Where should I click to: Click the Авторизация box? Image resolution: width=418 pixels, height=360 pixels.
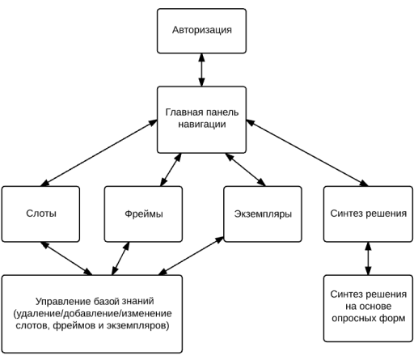[x=201, y=31]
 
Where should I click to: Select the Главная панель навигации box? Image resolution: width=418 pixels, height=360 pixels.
[x=201, y=120]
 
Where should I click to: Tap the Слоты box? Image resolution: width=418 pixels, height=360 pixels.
[x=40, y=214]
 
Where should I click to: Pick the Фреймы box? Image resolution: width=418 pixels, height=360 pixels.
[x=143, y=214]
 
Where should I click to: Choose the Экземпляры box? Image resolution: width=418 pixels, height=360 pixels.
[x=263, y=214]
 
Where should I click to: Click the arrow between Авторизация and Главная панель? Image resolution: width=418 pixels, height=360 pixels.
[x=201, y=70]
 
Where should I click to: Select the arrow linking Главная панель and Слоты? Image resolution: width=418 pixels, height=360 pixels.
[x=99, y=153]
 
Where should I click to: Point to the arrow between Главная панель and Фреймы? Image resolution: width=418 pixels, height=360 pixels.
[x=171, y=170]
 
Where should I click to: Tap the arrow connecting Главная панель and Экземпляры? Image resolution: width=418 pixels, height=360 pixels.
[x=246, y=170]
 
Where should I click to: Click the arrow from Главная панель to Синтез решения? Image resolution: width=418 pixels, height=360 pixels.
[x=307, y=153]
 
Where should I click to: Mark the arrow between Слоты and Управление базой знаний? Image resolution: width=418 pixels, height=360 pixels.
[x=66, y=259]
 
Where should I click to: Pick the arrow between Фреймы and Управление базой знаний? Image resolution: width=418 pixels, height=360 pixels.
[x=120, y=259]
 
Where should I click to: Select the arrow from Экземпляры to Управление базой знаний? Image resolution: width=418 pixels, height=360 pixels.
[x=191, y=256]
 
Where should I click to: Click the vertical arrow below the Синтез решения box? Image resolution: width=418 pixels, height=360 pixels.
[x=368, y=259]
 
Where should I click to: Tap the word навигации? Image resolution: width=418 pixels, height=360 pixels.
[x=202, y=125]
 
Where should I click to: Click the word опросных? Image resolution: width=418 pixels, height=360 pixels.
[x=352, y=318]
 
